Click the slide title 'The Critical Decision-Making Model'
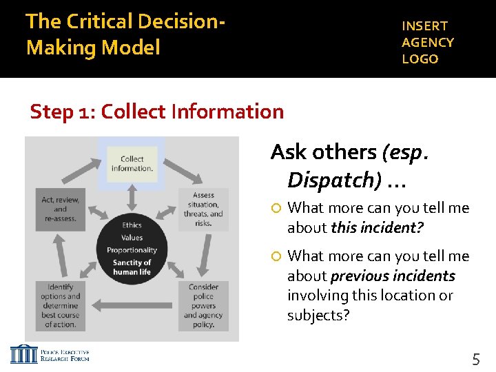pyautogui.click(x=125, y=34)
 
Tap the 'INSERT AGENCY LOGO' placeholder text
pyautogui.click(x=428, y=42)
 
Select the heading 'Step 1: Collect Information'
pyautogui.click(x=157, y=112)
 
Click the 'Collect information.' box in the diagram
pyautogui.click(x=132, y=164)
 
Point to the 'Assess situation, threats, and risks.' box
pyautogui.click(x=203, y=209)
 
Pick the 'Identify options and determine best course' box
pyautogui.click(x=61, y=306)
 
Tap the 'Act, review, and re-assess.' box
pyautogui.click(x=61, y=209)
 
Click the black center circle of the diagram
pyautogui.click(x=132, y=248)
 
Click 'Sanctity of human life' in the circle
pyautogui.click(x=132, y=267)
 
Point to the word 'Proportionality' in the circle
pyautogui.click(x=132, y=250)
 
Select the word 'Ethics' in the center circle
pyautogui.click(x=132, y=225)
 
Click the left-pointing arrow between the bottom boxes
pyautogui.click(x=131, y=304)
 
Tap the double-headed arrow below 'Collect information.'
pyautogui.click(x=132, y=195)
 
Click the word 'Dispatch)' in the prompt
pyautogui.click(x=334, y=180)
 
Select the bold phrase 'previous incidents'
pyautogui.click(x=393, y=276)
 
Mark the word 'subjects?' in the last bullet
pyautogui.click(x=318, y=316)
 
